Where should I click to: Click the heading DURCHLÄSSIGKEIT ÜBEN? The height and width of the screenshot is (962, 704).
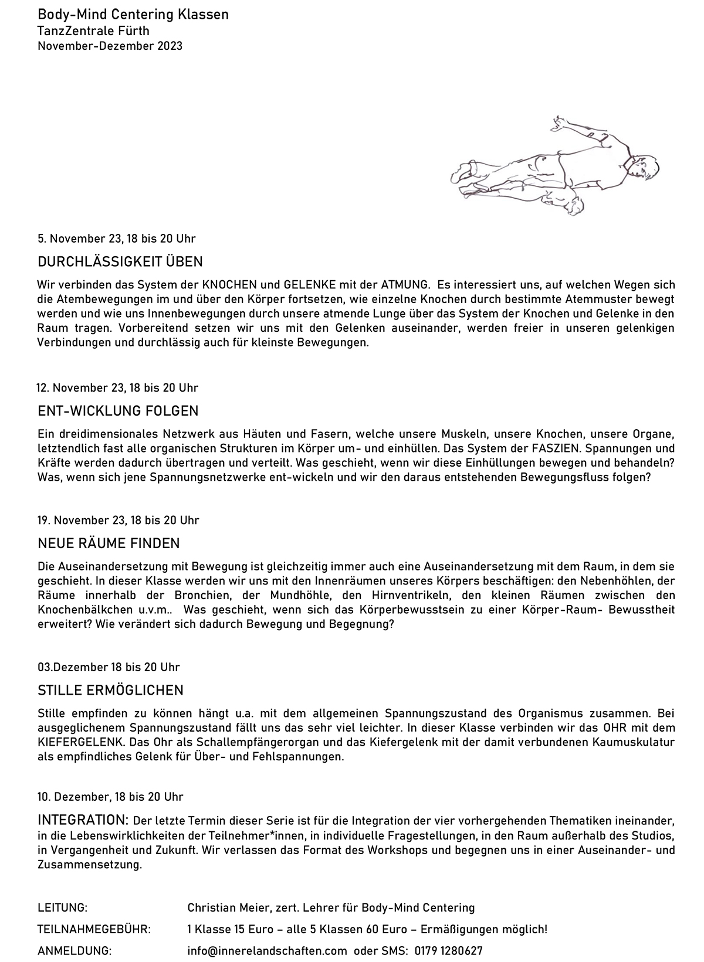point(120,261)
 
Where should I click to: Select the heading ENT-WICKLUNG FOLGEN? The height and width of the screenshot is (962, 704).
point(118,410)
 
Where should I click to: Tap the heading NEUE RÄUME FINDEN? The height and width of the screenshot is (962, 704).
point(109,543)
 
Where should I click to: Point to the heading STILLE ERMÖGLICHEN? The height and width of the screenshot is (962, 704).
point(110,690)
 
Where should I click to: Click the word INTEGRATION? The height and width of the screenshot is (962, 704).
point(83,819)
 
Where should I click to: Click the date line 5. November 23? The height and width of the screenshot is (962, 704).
point(116,239)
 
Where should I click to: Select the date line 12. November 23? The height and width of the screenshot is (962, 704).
point(117,387)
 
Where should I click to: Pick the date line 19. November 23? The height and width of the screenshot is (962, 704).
point(118,520)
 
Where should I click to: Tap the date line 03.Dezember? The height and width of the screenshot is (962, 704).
point(109,667)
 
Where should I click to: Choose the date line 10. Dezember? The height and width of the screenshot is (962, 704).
point(110,797)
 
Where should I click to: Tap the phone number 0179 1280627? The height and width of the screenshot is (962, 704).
point(448,951)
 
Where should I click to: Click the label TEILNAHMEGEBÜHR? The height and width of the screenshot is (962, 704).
point(94,929)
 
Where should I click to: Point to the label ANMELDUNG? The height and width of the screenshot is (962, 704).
point(75,951)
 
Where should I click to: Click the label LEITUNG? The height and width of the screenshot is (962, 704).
point(62,907)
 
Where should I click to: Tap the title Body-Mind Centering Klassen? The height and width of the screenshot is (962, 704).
point(133,15)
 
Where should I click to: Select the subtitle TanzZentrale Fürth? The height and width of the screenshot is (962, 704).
point(93,30)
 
